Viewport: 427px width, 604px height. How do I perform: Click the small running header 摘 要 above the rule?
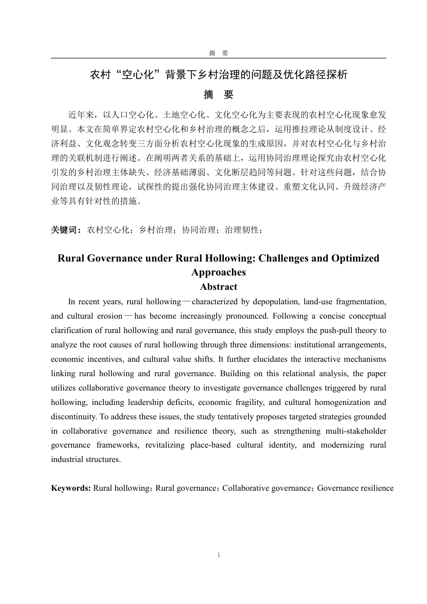tap(218, 53)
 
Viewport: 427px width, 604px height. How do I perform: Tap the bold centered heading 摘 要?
tap(218, 95)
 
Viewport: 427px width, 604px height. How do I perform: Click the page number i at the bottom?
tap(218, 555)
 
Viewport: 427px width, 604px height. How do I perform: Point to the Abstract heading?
tap(218, 287)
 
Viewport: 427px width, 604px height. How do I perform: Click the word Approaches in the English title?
tap(218, 272)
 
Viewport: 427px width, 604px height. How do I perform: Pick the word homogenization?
tap(342, 402)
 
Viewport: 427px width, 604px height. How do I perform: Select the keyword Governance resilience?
tap(355, 488)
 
